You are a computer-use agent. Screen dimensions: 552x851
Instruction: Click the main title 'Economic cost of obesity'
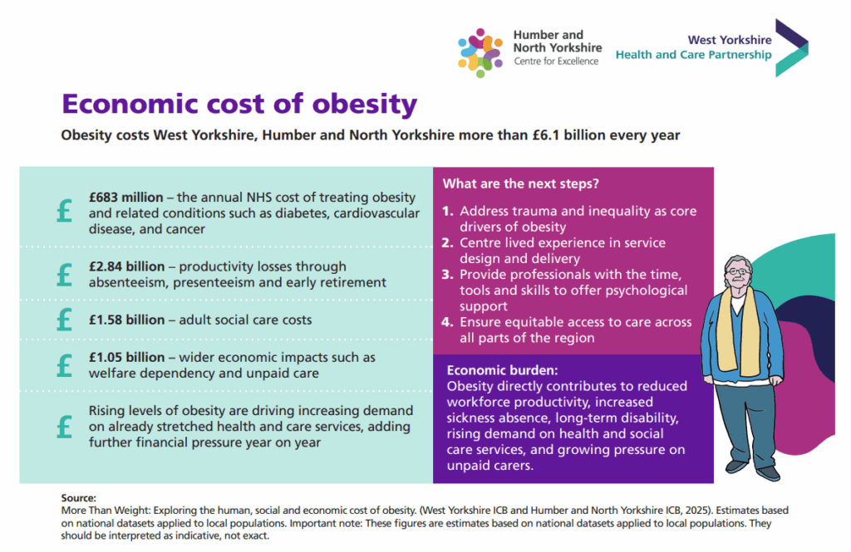pyautogui.click(x=239, y=105)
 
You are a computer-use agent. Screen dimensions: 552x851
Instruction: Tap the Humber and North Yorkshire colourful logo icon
pyautogui.click(x=480, y=51)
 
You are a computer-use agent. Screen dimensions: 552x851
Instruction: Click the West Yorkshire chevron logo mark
pyautogui.click(x=790, y=48)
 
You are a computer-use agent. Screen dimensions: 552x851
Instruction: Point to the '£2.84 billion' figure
pyautogui.click(x=126, y=266)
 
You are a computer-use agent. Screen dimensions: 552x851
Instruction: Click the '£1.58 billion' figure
pyautogui.click(x=126, y=320)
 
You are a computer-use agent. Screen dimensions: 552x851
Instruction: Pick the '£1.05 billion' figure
pyautogui.click(x=126, y=358)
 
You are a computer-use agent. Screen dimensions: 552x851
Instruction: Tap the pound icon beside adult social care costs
pyautogui.click(x=64, y=320)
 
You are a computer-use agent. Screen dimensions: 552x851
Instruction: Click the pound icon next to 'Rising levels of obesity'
pyautogui.click(x=64, y=427)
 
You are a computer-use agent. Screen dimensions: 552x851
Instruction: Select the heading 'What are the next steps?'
pyautogui.click(x=521, y=183)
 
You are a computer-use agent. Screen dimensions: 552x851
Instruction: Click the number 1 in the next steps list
pyautogui.click(x=447, y=212)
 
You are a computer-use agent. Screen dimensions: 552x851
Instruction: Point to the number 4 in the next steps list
pyautogui.click(x=447, y=323)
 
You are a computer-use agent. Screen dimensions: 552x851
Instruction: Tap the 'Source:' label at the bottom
pyautogui.click(x=79, y=497)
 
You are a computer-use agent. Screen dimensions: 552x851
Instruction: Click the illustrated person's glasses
pyautogui.click(x=735, y=271)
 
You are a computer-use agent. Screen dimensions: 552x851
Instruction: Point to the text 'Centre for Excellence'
pyautogui.click(x=556, y=61)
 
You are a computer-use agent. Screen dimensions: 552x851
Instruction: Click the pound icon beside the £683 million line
pyautogui.click(x=64, y=212)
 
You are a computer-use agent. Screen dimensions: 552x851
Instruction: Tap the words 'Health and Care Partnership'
pyautogui.click(x=693, y=56)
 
